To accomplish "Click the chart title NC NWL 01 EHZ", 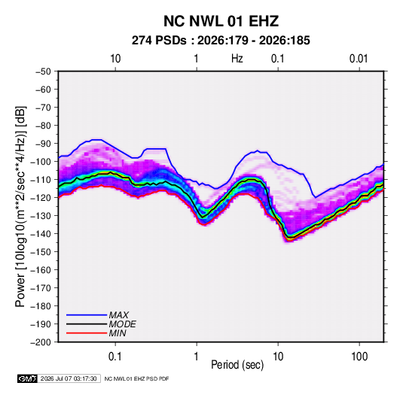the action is (221, 21).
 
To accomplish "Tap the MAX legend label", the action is (119, 315).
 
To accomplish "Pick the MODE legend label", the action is (122, 324).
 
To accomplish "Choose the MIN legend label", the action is (118, 333).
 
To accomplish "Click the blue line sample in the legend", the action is (87, 315).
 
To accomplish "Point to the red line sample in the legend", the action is (87, 333).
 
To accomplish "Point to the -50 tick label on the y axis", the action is (43, 71).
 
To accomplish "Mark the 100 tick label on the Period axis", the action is (359, 357).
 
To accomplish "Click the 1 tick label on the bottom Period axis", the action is (197, 357).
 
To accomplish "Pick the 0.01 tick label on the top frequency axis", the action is (359, 59).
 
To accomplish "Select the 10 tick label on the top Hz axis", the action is (115, 59).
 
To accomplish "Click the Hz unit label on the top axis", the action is (237, 59).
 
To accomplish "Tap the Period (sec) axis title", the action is (237, 365).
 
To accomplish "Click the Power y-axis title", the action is (20, 206).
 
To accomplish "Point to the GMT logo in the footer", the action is (27, 378).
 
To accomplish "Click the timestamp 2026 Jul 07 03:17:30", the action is (69, 378).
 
